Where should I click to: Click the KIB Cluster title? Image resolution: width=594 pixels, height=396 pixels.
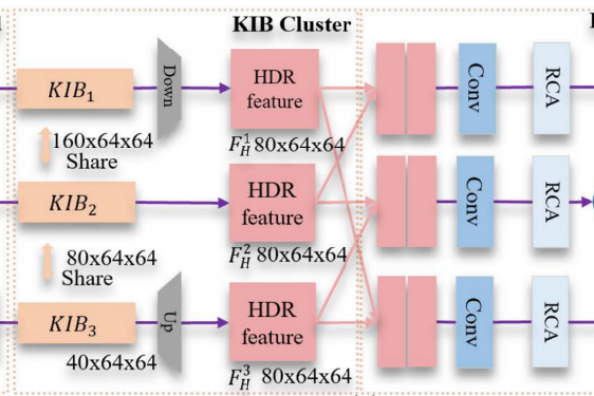pyautogui.click(x=292, y=24)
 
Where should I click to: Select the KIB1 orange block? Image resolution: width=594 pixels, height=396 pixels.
pyautogui.click(x=74, y=89)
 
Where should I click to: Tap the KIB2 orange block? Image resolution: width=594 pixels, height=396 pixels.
pyautogui.click(x=76, y=202)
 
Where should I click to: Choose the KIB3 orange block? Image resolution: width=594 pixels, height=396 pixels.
pyautogui.click(x=76, y=323)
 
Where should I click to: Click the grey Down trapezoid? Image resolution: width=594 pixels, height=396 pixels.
pyautogui.click(x=169, y=87)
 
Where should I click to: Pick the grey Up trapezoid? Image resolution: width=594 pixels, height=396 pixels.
pyautogui.click(x=169, y=323)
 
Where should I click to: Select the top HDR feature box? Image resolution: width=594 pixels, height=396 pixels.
pyautogui.click(x=274, y=89)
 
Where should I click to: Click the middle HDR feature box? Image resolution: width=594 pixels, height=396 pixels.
pyautogui.click(x=272, y=203)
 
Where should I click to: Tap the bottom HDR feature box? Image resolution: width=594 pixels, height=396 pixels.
pyautogui.click(x=272, y=322)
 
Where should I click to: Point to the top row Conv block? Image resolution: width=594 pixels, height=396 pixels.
pyautogui.click(x=477, y=88)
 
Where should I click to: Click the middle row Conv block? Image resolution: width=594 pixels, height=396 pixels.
pyautogui.click(x=475, y=202)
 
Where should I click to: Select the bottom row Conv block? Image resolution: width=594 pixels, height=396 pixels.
pyautogui.click(x=474, y=322)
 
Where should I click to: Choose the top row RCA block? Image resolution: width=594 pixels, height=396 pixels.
pyautogui.click(x=551, y=88)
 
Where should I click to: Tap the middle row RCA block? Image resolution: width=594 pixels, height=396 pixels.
pyautogui.click(x=550, y=202)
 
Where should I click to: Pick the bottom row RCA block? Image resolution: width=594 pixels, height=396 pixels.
pyautogui.click(x=550, y=322)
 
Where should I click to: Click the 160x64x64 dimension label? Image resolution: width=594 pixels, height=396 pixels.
pyautogui.click(x=103, y=141)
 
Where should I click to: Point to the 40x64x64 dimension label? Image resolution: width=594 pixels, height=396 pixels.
pyautogui.click(x=112, y=362)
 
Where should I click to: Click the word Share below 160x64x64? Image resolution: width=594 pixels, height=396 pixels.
pyautogui.click(x=92, y=162)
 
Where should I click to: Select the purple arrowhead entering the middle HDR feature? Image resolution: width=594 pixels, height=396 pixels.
pyautogui.click(x=224, y=203)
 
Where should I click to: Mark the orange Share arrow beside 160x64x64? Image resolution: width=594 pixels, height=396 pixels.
pyautogui.click(x=46, y=146)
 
